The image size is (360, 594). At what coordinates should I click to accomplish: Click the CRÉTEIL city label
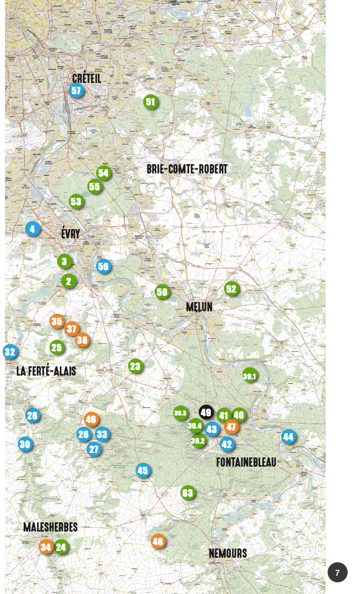coord(87,79)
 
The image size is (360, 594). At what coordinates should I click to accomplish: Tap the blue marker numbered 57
coord(76,91)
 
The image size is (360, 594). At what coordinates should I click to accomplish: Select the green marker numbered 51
coord(150,102)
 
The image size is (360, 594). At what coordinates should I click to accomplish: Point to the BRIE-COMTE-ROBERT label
coord(187,169)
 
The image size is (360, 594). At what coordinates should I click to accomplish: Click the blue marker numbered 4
coord(32,229)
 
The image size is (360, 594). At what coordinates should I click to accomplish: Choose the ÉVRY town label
coord(71,234)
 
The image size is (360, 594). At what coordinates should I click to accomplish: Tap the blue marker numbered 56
coord(104,266)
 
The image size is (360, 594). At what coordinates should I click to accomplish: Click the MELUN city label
coord(199,307)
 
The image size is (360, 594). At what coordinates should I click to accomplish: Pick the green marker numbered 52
coord(231,289)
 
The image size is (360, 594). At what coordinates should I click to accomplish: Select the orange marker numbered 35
coord(57,321)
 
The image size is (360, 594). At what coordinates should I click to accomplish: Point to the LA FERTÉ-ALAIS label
coord(46,371)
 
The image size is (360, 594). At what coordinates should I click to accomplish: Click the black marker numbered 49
coord(206,412)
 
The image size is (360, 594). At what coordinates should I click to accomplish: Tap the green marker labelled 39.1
coord(250,376)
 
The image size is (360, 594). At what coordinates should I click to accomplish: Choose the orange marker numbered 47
coord(231,427)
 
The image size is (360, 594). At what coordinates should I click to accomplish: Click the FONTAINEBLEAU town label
coord(246,462)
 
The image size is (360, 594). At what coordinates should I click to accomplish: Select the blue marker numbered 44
coord(288,437)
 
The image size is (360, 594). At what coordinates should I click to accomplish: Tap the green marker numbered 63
coord(187,493)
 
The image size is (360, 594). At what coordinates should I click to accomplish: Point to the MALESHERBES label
coord(51,527)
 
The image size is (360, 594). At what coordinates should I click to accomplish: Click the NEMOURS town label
coord(228,553)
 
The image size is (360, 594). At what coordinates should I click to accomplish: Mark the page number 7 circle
coord(338,573)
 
